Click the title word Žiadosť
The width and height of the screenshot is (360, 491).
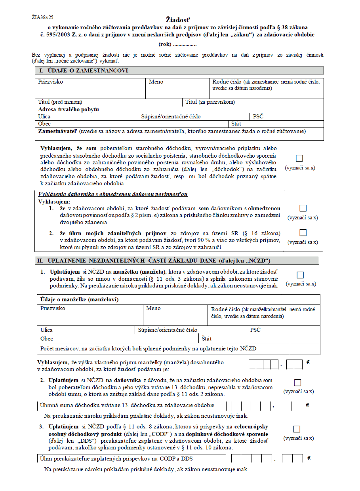click(x=178, y=20)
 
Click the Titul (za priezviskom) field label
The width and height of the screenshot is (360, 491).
click(x=210, y=102)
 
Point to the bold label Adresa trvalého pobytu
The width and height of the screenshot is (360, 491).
click(x=69, y=109)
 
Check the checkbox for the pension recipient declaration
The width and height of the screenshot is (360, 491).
click(x=300, y=158)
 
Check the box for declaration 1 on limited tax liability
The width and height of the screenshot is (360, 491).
click(x=303, y=208)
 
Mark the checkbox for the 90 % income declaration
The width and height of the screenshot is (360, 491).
click(x=303, y=232)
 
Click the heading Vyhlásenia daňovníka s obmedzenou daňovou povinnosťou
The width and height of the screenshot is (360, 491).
click(x=113, y=194)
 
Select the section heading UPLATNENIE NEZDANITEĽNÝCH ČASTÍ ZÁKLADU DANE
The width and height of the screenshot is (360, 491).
click(x=159, y=261)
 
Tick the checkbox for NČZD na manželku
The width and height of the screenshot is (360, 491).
click(x=300, y=275)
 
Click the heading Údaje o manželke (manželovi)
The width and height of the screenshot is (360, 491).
click(x=80, y=299)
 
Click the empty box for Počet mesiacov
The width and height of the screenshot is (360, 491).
click(x=305, y=348)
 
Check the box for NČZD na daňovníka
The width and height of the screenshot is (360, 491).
click(x=297, y=383)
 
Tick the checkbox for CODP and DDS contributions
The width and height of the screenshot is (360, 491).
click(x=297, y=429)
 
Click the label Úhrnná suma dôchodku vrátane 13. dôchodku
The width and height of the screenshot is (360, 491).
click(x=127, y=405)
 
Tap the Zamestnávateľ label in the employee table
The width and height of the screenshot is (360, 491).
click(x=58, y=131)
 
